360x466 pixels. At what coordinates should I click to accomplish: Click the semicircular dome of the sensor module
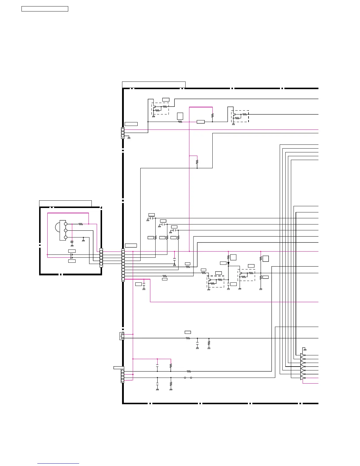pyautogui.click(x=57, y=227)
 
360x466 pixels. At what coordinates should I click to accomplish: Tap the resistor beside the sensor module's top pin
pyautogui.click(x=81, y=224)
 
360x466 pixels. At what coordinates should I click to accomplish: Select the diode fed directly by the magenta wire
pyautogui.click(x=71, y=255)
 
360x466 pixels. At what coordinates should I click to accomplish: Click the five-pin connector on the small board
pyautogui.click(x=101, y=258)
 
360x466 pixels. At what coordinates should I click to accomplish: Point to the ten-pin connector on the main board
pyautogui.click(x=123, y=265)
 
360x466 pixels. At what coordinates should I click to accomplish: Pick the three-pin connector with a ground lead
pyautogui.click(x=123, y=133)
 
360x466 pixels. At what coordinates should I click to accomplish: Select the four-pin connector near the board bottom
pyautogui.click(x=122, y=376)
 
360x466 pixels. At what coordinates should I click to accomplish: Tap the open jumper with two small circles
pyautogui.click(x=188, y=378)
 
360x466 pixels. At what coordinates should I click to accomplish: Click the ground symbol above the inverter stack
pyautogui.click(x=305, y=349)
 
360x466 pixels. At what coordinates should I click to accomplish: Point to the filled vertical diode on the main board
pyautogui.click(x=228, y=263)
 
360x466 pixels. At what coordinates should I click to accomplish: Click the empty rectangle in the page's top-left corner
pyautogui.click(x=45, y=9)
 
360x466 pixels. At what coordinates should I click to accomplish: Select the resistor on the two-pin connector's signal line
pyautogui.click(x=188, y=338)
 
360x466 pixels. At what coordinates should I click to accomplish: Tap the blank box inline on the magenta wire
pyautogui.click(x=201, y=122)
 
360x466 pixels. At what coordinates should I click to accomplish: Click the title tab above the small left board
pyautogui.click(x=65, y=204)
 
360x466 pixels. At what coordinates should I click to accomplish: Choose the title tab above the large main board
pyautogui.click(x=154, y=85)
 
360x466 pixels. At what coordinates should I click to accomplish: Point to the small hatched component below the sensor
pyautogui.click(x=72, y=242)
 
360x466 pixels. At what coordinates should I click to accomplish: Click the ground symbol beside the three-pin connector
pyautogui.click(x=129, y=138)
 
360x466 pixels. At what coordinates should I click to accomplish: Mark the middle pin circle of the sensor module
pyautogui.click(x=66, y=231)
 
